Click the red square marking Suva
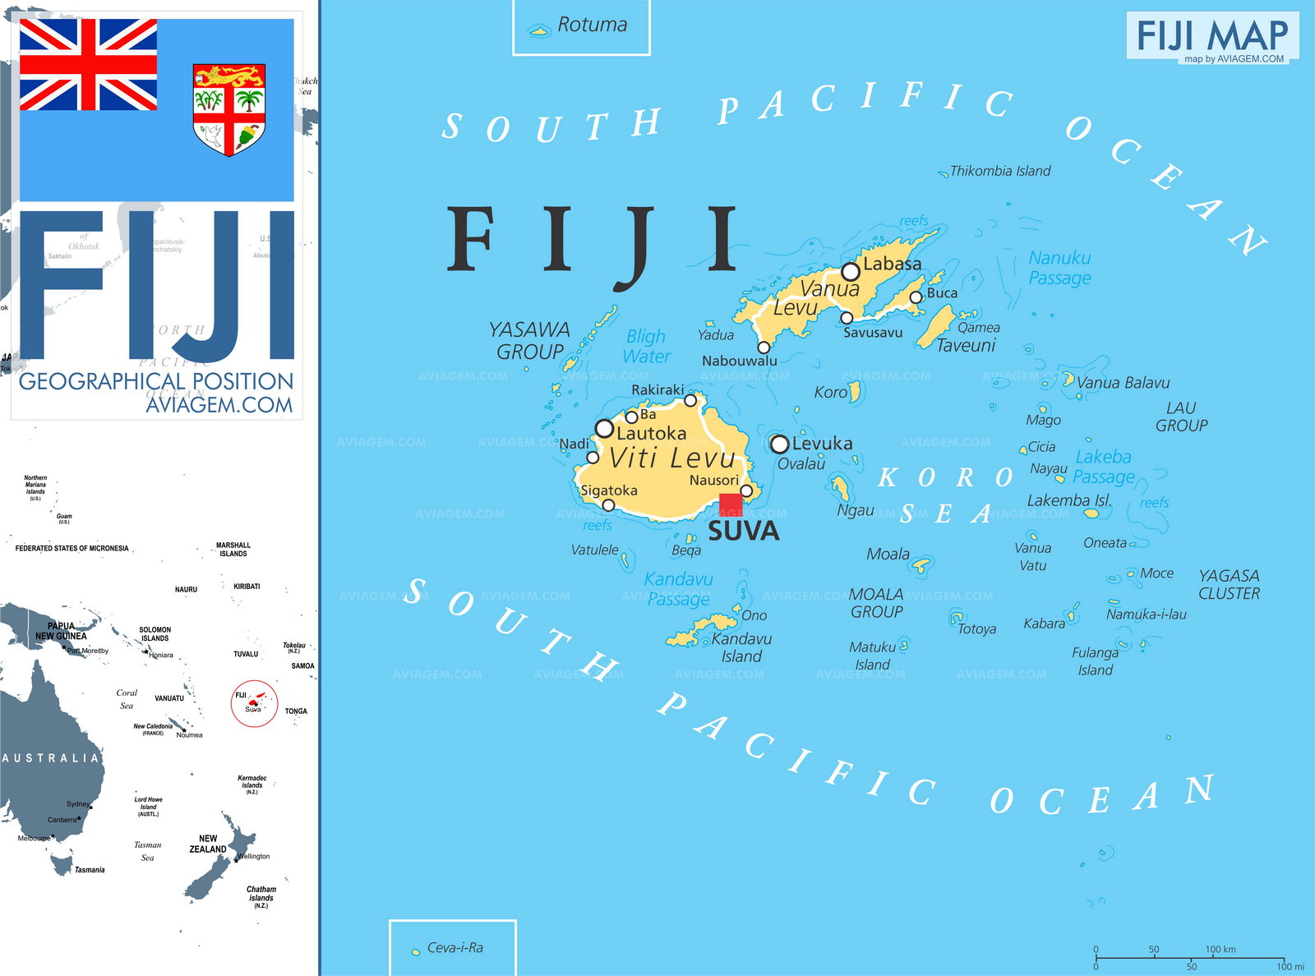click(731, 504)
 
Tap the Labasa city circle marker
click(851, 271)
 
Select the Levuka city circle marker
click(779, 444)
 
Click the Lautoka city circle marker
click(604, 428)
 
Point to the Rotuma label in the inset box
click(592, 25)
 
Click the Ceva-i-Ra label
click(454, 947)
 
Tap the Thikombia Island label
click(999, 171)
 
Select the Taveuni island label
click(966, 346)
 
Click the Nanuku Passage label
click(1059, 268)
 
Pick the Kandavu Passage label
click(678, 589)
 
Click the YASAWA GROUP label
click(529, 340)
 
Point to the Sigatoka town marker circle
click(608, 505)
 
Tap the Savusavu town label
click(873, 333)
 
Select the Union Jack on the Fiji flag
click(88, 65)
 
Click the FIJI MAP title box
click(1211, 36)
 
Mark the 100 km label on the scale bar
click(1220, 949)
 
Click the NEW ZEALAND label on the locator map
click(208, 844)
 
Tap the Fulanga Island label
click(1095, 661)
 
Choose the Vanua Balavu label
click(1123, 383)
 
